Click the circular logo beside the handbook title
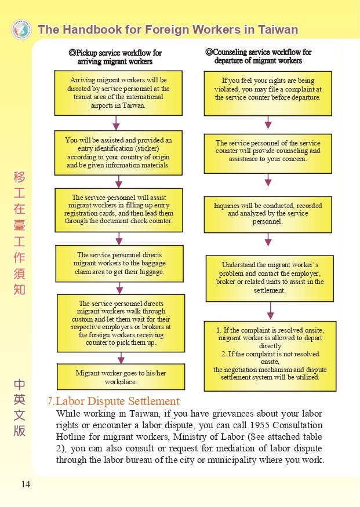tap(21, 30)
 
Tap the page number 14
tap(26, 484)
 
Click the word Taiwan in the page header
tap(278, 30)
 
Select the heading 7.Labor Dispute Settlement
tap(113, 401)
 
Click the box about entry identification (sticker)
tap(118, 152)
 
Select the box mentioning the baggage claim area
tap(119, 264)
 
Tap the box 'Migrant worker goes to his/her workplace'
tap(121, 377)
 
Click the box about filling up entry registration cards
tap(119, 210)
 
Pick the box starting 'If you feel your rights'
tap(268, 93)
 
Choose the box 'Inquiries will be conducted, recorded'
tap(268, 214)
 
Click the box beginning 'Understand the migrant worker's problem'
tap(270, 278)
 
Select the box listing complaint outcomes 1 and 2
tap(270, 356)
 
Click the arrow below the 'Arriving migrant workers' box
tap(116, 123)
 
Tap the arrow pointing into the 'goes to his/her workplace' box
tap(121, 358)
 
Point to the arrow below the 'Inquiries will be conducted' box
tap(268, 240)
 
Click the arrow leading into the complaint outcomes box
tap(270, 311)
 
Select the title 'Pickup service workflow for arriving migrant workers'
tap(115, 57)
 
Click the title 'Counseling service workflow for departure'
tap(258, 56)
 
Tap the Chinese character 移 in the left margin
tap(19, 177)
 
